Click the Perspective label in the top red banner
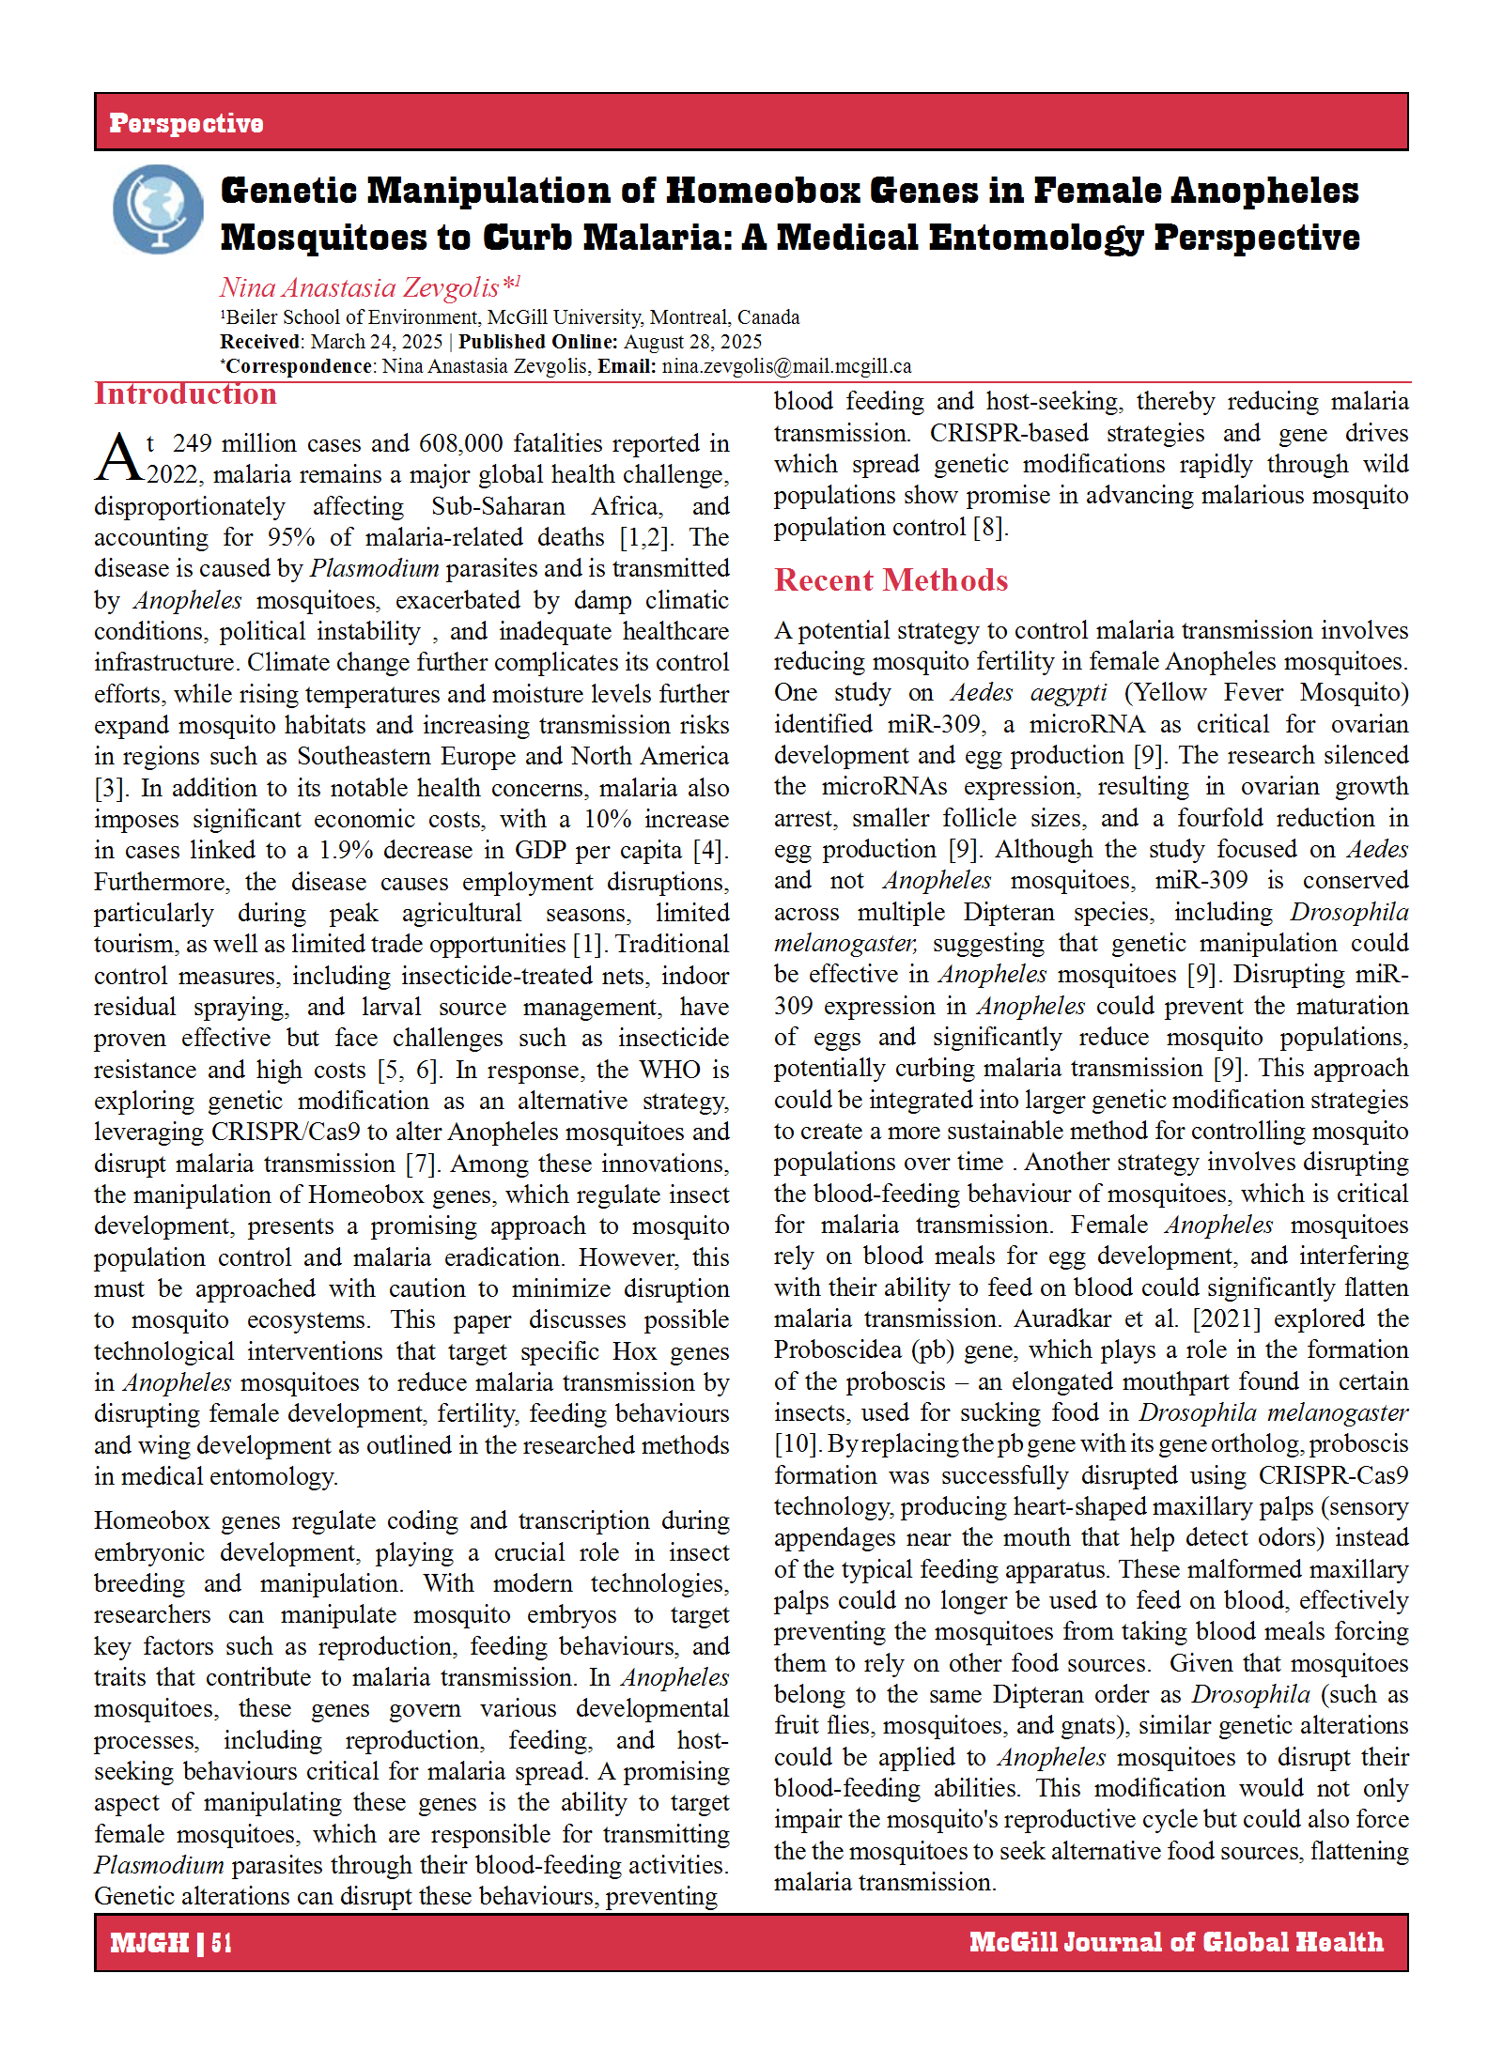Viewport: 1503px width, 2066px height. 186,123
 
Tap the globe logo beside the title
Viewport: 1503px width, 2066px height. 158,208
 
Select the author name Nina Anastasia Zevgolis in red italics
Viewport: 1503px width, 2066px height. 360,287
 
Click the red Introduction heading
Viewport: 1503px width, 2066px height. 185,394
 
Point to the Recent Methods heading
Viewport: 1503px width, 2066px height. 891,580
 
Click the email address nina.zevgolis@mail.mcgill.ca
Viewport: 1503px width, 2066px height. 786,366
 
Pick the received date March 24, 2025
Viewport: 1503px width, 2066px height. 376,342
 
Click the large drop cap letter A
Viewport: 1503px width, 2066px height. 118,457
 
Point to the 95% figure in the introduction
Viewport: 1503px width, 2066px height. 290,537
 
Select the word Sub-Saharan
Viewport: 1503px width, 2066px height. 498,506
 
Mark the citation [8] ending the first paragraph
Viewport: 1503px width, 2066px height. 988,527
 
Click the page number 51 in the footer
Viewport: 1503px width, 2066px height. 222,1942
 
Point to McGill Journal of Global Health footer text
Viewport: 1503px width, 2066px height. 1175,1942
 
